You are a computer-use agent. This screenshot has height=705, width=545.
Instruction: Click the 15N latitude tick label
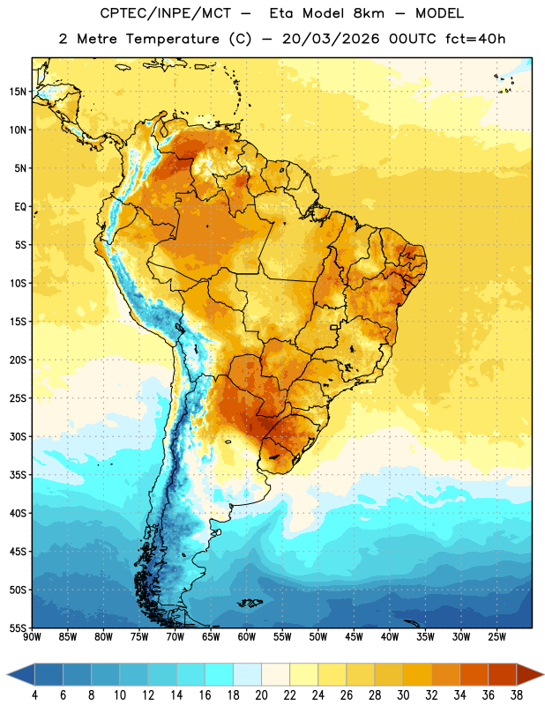coord(18,92)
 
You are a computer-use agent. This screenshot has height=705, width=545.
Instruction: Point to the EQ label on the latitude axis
coord(20,207)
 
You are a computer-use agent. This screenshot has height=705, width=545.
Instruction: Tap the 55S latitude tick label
coord(18,627)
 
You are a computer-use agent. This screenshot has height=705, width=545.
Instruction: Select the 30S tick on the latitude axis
coord(18,436)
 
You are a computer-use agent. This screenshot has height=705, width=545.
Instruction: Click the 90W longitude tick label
coord(32,637)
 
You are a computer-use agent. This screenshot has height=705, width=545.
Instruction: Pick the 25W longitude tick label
coord(496,637)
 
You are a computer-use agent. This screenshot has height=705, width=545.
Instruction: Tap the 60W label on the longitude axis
coord(247,637)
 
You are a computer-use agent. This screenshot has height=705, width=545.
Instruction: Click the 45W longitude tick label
coord(354,637)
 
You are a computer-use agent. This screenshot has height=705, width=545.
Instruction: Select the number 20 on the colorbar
coord(261,695)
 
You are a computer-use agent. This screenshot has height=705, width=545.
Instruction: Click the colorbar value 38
coord(517,695)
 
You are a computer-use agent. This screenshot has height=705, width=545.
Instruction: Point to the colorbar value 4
coord(34,695)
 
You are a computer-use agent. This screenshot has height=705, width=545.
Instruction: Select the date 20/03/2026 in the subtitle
coord(331,39)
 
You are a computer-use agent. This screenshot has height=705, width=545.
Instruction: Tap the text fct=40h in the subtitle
coord(475,39)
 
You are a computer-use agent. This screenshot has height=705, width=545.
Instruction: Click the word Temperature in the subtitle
coord(172,39)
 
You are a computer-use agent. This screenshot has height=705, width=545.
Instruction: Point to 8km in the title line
coord(369,13)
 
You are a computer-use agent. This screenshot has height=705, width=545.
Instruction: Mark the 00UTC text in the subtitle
coord(413,39)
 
